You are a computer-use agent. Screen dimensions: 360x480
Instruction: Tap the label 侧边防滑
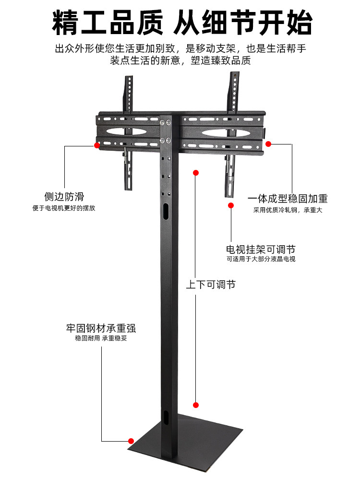pyautogui.click(x=64, y=197)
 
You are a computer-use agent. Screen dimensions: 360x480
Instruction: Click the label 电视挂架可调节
pyautogui.click(x=261, y=250)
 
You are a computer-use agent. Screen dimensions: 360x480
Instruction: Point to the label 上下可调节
pyautogui.click(x=211, y=285)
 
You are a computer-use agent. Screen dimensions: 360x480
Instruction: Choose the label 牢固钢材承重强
pyautogui.click(x=101, y=328)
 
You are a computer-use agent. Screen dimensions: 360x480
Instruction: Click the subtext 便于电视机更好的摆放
pyautogui.click(x=64, y=208)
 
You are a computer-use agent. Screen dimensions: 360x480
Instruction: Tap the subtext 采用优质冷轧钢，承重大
pyautogui.click(x=288, y=210)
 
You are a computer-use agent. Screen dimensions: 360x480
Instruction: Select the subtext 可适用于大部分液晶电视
pyautogui.click(x=261, y=259)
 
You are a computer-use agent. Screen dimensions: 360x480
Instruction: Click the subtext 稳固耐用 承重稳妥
pyautogui.click(x=101, y=338)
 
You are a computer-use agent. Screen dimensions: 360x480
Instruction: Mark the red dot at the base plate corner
pyautogui.click(x=131, y=441)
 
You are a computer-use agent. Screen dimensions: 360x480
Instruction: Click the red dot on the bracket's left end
pyautogui.click(x=97, y=144)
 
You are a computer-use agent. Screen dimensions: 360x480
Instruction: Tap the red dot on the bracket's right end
pyautogui.click(x=268, y=144)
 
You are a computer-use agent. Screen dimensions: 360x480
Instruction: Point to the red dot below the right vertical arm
pyautogui.click(x=230, y=205)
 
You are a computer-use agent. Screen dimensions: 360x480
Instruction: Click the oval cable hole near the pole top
pyautogui.click(x=166, y=211)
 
